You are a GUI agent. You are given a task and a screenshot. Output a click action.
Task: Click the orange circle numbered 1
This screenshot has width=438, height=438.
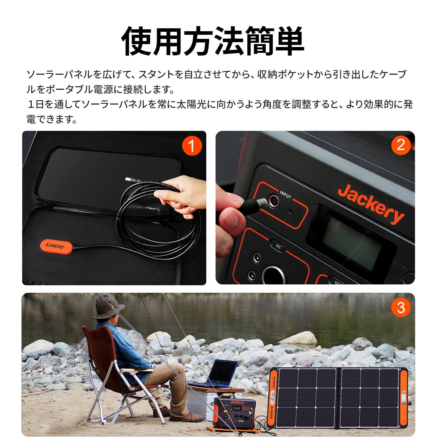coord(192,145)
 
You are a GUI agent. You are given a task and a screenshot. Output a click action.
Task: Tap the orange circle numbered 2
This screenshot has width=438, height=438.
coord(401,145)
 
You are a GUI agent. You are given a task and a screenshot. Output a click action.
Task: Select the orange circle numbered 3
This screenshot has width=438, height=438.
coord(401,307)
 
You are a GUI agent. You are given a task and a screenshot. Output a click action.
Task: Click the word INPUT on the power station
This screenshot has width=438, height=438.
coord(285,194)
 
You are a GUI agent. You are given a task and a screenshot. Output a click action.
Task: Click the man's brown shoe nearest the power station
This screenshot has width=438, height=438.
coord(186,417)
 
